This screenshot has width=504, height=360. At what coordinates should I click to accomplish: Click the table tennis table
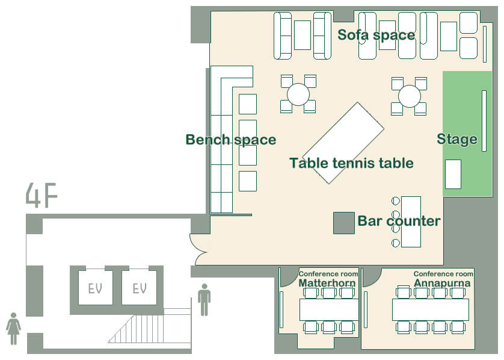pyautogui.click(x=343, y=143)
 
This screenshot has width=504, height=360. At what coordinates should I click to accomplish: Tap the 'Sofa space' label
pyautogui.click(x=376, y=35)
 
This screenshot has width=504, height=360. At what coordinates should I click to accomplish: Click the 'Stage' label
pyautogui.click(x=456, y=139)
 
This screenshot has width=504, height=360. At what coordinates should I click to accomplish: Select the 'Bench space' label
pyautogui.click(x=231, y=140)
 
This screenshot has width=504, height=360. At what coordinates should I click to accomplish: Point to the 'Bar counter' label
pyautogui.click(x=399, y=221)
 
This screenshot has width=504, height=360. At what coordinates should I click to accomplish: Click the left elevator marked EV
pyautogui.click(x=96, y=287)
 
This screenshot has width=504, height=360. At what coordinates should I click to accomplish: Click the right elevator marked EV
pyautogui.click(x=140, y=287)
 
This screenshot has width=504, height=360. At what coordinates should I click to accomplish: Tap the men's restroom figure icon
pyautogui.click(x=204, y=300)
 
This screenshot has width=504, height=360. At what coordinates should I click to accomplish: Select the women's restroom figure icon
pyautogui.click(x=13, y=329)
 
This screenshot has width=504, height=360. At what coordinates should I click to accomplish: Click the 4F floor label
pyautogui.click(x=41, y=195)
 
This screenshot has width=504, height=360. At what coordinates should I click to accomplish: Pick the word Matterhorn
pyautogui.click(x=327, y=283)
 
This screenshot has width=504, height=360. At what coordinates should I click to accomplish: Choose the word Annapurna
pyautogui.click(x=442, y=283)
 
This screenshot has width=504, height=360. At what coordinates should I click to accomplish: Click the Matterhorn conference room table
pyautogui.click(x=329, y=309)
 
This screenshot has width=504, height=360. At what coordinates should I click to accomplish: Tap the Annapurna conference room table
pyautogui.click(x=431, y=309)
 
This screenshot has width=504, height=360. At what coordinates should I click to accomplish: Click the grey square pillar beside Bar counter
pyautogui.click(x=343, y=223)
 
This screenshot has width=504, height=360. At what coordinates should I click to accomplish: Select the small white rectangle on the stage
pyautogui.click(x=453, y=174)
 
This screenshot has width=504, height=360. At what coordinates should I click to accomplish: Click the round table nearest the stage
pyautogui.click(x=409, y=96)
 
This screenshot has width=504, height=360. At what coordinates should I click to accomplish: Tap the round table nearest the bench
pyautogui.click(x=298, y=95)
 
